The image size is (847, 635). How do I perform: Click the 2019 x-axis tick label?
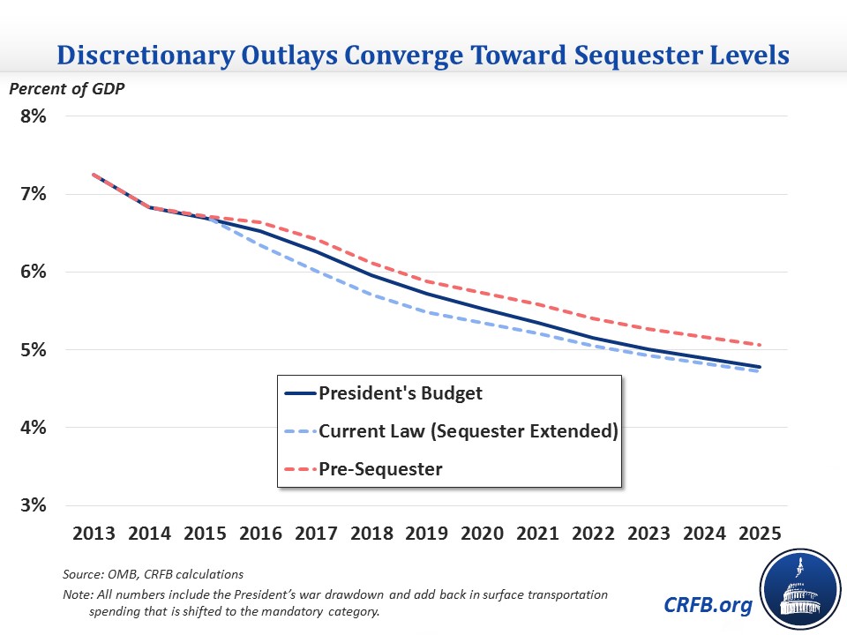[x=426, y=534]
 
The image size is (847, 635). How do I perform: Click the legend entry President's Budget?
[x=401, y=393]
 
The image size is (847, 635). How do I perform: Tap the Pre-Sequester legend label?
[x=380, y=469]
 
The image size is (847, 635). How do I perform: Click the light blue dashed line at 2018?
[x=371, y=295]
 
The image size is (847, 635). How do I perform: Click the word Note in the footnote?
[x=76, y=594]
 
